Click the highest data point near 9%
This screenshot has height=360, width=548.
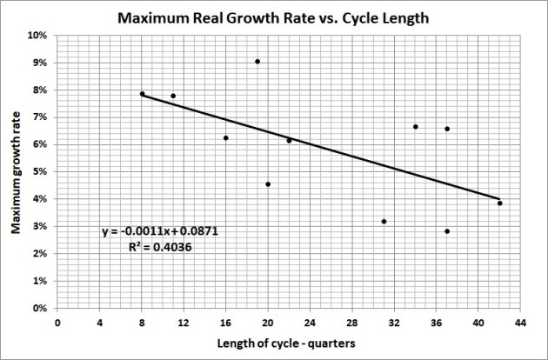coord(257,62)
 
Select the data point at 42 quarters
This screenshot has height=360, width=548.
coord(499,203)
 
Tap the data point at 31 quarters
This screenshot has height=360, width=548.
coord(384,222)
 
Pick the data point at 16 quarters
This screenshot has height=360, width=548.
coord(226,137)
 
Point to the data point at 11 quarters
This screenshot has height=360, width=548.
coord(173,96)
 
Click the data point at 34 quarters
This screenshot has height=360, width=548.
coord(416,127)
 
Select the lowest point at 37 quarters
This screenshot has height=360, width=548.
coord(447,231)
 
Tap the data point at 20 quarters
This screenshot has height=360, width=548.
coord(268,184)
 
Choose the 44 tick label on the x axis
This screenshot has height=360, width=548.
coord(520,320)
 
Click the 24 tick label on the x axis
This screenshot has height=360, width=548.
coord(310,320)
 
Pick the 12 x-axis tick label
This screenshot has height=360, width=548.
coord(184,320)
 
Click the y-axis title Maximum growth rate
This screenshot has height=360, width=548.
coord(17,171)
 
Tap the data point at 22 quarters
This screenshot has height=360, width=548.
coord(289,140)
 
